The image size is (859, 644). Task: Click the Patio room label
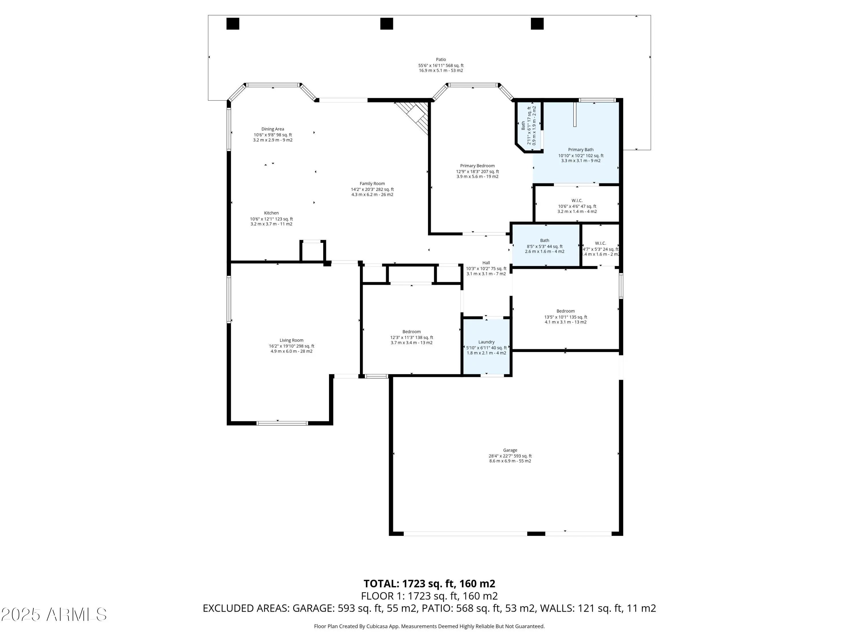click(x=440, y=60)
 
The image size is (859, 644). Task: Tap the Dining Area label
click(x=273, y=129)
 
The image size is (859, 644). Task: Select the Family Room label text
click(x=372, y=184)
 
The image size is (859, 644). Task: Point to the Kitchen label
click(x=271, y=213)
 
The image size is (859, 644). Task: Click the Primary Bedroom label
click(x=477, y=166)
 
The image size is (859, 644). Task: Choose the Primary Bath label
click(x=581, y=149)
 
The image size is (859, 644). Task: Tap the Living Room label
click(x=291, y=340)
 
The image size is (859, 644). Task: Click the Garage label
click(x=510, y=450)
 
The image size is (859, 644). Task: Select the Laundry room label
click(x=486, y=342)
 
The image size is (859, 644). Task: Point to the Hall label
click(x=486, y=263)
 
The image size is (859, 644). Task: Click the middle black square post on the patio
click(x=386, y=24)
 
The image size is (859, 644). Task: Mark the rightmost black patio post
click(x=537, y=24)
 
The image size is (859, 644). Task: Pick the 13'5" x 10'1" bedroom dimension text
click(x=566, y=317)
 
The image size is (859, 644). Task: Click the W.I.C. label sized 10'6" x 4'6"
click(x=577, y=201)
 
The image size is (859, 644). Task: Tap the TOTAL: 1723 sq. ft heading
click(x=429, y=583)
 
